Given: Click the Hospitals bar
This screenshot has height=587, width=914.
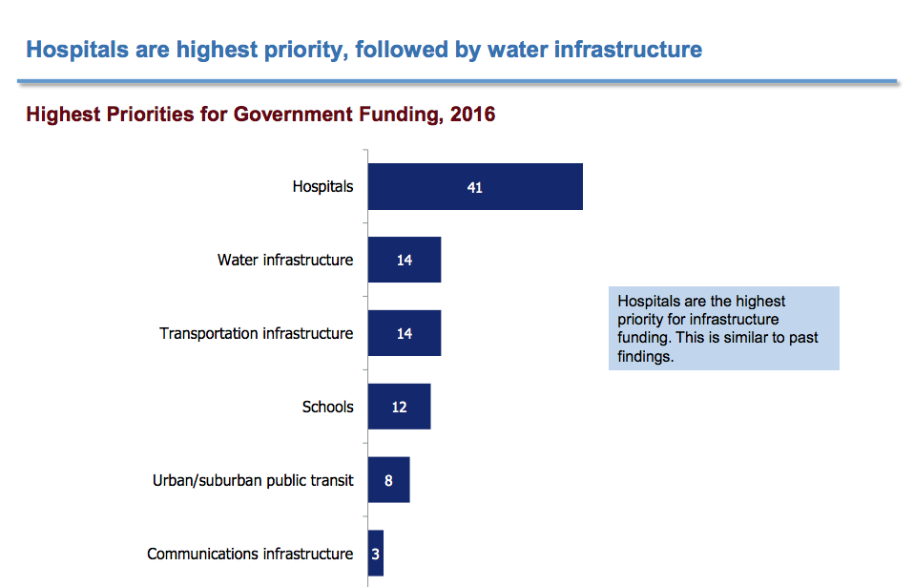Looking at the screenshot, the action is point(475,186).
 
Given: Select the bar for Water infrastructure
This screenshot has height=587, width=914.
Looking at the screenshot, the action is point(405,260).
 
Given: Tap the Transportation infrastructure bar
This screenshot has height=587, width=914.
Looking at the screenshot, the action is point(405,333).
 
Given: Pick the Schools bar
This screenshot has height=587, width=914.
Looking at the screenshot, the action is point(400,407).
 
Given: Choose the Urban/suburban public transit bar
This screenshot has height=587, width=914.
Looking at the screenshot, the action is point(389,480).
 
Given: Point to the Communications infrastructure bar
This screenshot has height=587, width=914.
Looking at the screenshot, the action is point(375,554).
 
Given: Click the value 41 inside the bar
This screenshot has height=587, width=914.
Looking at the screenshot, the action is point(474,188).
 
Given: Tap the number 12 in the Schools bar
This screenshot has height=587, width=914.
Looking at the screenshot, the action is point(400,407).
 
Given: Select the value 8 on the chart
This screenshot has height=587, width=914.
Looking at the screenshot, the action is point(389,481).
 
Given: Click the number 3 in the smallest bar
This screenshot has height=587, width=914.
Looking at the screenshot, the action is point(375,554).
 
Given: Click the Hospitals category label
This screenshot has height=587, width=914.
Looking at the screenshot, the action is point(322,186).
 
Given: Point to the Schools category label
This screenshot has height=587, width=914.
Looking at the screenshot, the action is point(327,407).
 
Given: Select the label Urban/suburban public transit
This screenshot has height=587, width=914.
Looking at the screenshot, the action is point(253,480).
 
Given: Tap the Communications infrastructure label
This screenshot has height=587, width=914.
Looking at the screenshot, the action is point(250,554).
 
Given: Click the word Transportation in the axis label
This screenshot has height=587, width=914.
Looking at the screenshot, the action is point(209,333).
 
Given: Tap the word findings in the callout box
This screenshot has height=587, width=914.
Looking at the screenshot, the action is point(645,356).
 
